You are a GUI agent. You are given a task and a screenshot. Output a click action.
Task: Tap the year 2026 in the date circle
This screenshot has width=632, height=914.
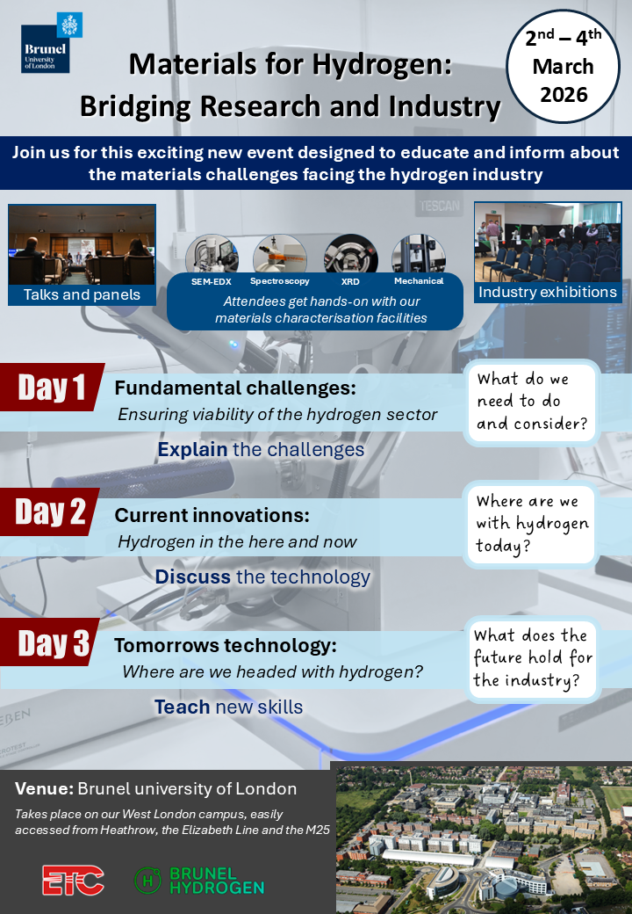pyautogui.click(x=564, y=94)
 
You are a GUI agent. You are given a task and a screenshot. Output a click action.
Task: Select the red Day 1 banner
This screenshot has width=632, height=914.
pyautogui.click(x=52, y=387)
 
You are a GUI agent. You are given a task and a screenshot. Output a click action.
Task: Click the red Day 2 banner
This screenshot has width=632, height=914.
pyautogui.click(x=50, y=511)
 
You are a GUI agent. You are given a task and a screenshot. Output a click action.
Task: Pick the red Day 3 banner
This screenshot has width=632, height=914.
pyautogui.click(x=51, y=642)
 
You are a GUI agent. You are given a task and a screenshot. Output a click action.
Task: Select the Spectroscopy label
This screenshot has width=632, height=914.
pyautogui.click(x=279, y=281)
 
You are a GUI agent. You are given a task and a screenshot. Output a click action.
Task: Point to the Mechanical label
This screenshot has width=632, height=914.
pyautogui.click(x=419, y=281)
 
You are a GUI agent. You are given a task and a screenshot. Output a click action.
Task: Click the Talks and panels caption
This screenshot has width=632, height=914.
pyautogui.click(x=82, y=295)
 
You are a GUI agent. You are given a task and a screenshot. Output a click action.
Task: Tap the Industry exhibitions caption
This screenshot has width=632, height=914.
pyautogui.click(x=548, y=292)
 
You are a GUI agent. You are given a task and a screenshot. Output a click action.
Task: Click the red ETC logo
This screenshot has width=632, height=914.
pyautogui.click(x=73, y=881)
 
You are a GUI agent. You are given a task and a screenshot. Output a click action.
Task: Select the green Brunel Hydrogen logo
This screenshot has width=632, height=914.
pyautogui.click(x=199, y=881)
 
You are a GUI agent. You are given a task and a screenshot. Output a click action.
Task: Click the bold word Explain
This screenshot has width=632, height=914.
pyautogui.click(x=192, y=449)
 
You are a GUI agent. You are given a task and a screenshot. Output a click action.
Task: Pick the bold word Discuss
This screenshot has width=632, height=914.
pyautogui.click(x=192, y=577)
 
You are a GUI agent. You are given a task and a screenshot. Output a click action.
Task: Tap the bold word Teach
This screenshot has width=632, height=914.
pyautogui.click(x=183, y=707)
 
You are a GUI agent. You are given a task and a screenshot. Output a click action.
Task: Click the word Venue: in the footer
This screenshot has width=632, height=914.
pyautogui.click(x=44, y=788)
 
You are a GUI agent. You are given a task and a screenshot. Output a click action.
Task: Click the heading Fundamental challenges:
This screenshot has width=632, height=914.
pyautogui.click(x=235, y=388)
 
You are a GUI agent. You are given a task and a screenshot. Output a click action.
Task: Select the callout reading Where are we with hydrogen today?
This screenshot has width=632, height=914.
pyautogui.click(x=531, y=524)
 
